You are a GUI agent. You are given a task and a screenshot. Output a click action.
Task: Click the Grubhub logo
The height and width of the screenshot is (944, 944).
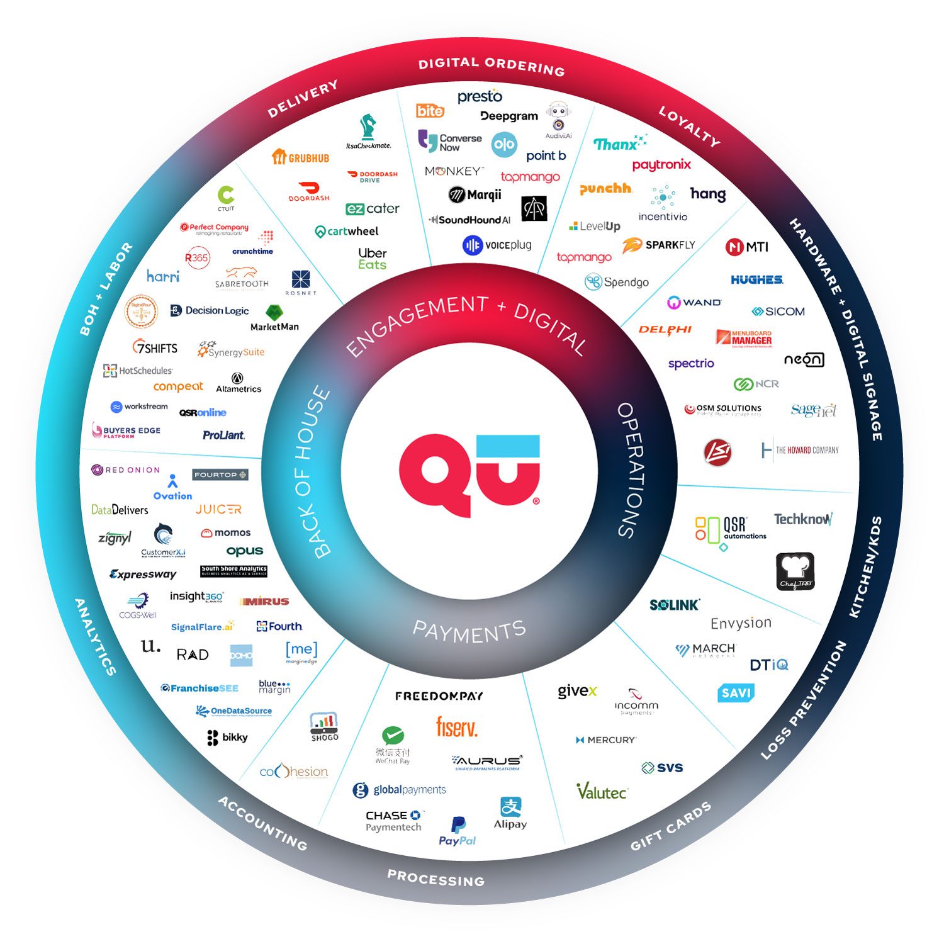301,157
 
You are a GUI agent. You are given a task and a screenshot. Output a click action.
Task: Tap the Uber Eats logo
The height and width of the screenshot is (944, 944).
372,258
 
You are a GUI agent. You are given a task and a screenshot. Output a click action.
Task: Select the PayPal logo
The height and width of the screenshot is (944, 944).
458,831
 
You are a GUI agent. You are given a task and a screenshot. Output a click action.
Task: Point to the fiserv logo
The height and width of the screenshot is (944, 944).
457,728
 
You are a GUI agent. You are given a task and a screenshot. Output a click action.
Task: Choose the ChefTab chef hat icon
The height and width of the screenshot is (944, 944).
795,571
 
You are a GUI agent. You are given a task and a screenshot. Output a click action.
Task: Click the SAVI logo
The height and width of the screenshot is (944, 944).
736,693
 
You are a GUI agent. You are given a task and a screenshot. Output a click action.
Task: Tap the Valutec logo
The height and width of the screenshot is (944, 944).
602,792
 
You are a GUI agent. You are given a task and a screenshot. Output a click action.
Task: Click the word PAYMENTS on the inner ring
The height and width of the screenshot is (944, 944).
469,631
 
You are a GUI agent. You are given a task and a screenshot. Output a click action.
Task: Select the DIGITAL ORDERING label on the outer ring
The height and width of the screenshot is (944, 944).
492,65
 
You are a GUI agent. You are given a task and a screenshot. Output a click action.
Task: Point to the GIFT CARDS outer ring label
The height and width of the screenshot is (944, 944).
671,826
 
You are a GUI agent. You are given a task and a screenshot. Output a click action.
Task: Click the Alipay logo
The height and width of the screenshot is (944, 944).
510,813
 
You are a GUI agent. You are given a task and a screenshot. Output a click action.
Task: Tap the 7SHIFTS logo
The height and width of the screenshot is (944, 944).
155,347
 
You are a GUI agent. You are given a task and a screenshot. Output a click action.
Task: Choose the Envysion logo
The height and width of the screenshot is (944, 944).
741,623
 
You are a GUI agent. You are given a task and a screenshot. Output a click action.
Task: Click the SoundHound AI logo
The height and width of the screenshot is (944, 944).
469,220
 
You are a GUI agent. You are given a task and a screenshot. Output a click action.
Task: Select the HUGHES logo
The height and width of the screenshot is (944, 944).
757,279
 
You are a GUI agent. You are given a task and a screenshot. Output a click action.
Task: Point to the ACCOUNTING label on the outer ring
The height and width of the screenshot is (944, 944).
262,823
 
